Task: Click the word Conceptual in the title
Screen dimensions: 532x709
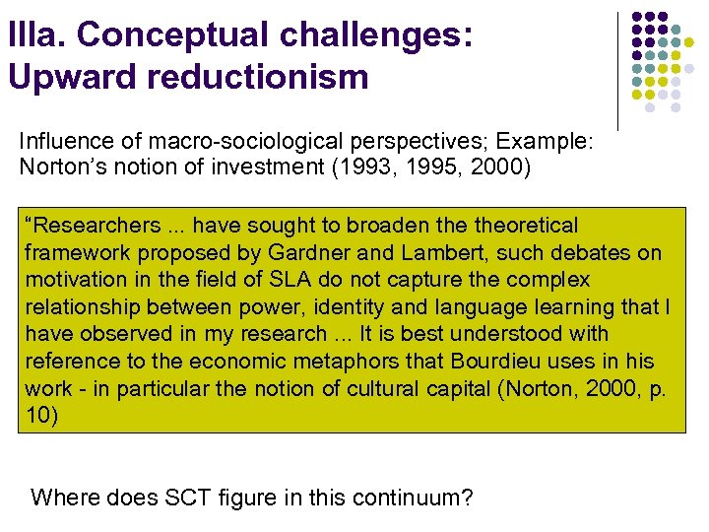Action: coord(176,34)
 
